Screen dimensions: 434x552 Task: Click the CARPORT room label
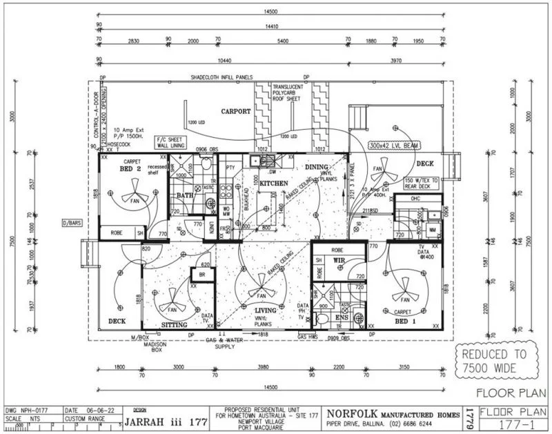coord(235,111)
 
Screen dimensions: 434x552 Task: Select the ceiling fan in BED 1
coord(405,290)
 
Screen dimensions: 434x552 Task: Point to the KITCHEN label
coord(273,182)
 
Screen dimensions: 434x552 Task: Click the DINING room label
coord(317,167)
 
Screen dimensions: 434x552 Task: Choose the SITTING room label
coord(175,324)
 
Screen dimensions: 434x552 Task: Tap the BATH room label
coord(185,195)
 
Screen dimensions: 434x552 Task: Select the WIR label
coord(339,260)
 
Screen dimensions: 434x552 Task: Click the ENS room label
coord(342,317)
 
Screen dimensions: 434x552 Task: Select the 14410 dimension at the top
coord(270,27)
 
